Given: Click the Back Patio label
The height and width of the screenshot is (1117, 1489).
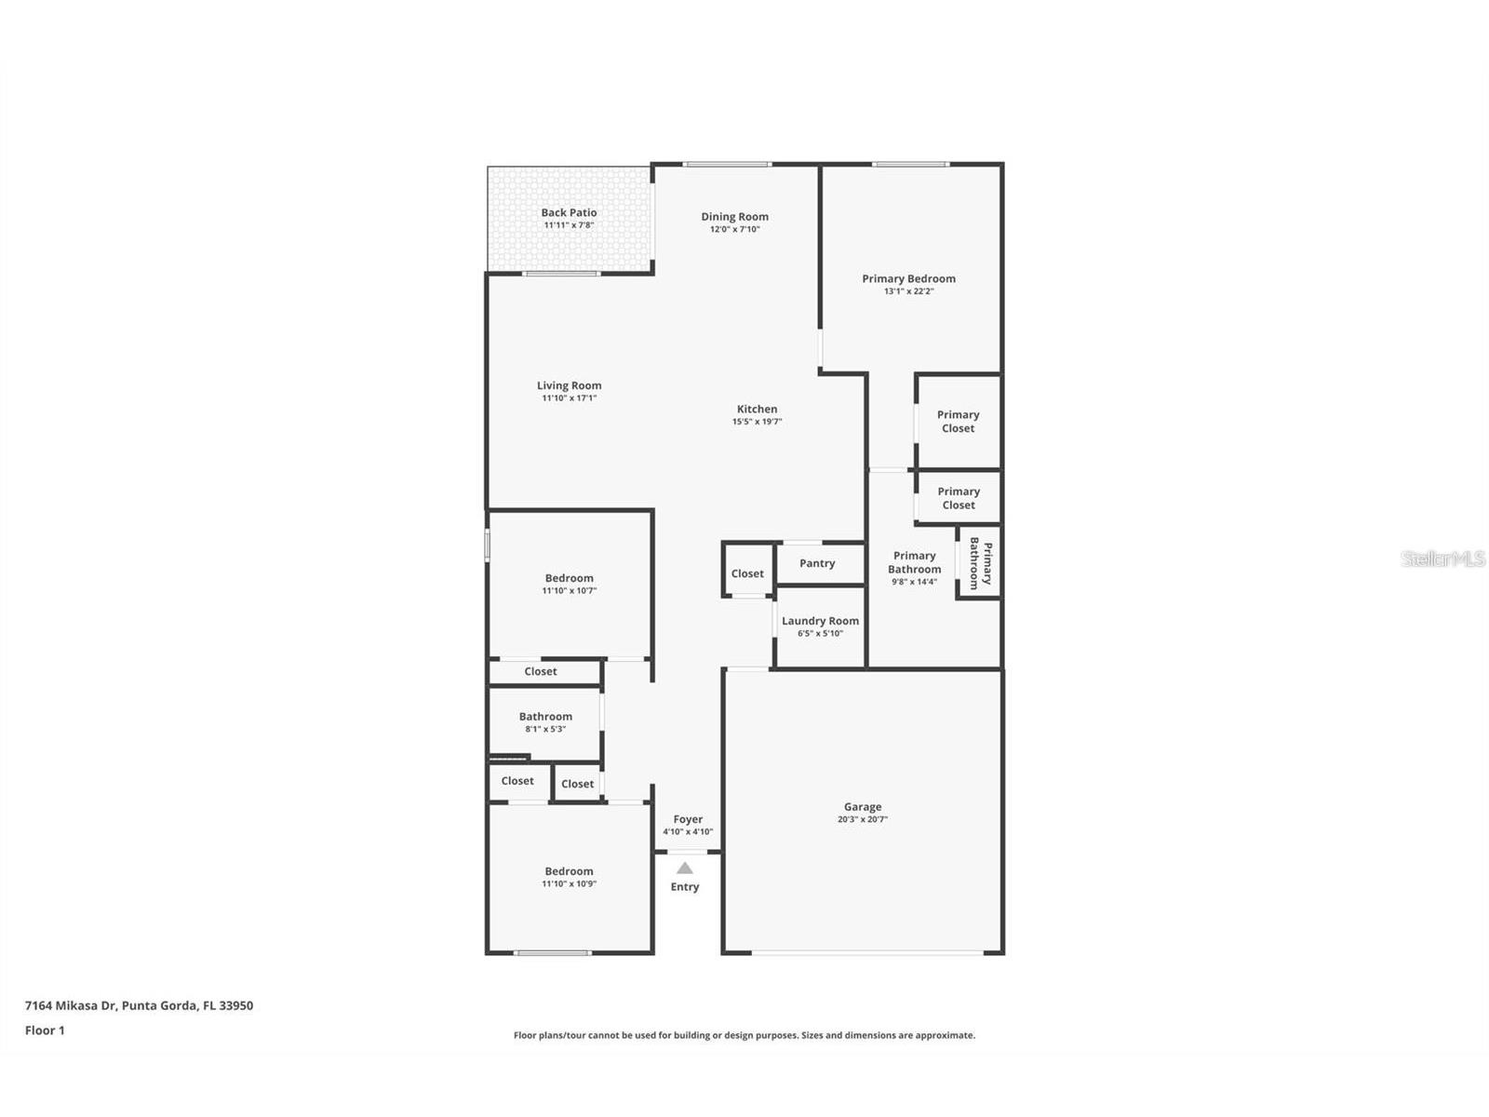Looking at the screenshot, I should pyautogui.click(x=569, y=213).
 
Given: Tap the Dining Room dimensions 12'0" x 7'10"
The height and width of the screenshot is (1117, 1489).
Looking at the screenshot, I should pyautogui.click(x=734, y=229).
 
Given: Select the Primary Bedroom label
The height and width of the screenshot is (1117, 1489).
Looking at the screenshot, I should pyautogui.click(x=908, y=278).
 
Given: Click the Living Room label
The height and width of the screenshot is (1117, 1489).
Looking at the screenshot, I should pyautogui.click(x=569, y=385).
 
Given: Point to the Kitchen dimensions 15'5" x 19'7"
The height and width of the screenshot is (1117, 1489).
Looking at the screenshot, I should pyautogui.click(x=757, y=422).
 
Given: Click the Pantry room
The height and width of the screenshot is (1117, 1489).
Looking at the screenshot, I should pyautogui.click(x=817, y=563).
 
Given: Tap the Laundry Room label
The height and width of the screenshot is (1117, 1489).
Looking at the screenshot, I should pyautogui.click(x=820, y=621).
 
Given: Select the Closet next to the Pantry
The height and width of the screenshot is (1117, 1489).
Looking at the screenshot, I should pyautogui.click(x=747, y=573).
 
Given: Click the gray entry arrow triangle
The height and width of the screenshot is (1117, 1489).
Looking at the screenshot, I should pyautogui.click(x=685, y=868).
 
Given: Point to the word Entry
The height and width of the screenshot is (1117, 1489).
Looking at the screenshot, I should pyautogui.click(x=685, y=887).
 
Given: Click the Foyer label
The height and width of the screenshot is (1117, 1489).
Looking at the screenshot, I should pyautogui.click(x=688, y=819).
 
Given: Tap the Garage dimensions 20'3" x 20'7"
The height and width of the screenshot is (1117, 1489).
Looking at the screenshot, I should pyautogui.click(x=862, y=820).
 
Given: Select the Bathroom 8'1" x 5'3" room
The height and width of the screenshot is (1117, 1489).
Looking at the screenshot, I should pyautogui.click(x=545, y=722).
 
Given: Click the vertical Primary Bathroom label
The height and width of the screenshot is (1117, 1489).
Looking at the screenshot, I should pyautogui.click(x=980, y=562).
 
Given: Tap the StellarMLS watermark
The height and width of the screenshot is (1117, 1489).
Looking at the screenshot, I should pyautogui.click(x=1443, y=558).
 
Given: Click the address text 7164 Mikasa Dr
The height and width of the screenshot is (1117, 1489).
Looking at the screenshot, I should pyautogui.click(x=139, y=1005).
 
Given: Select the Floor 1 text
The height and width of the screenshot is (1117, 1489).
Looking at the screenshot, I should pyautogui.click(x=45, y=1030).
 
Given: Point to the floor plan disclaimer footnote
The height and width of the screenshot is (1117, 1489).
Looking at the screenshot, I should pyautogui.click(x=744, y=1035).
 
